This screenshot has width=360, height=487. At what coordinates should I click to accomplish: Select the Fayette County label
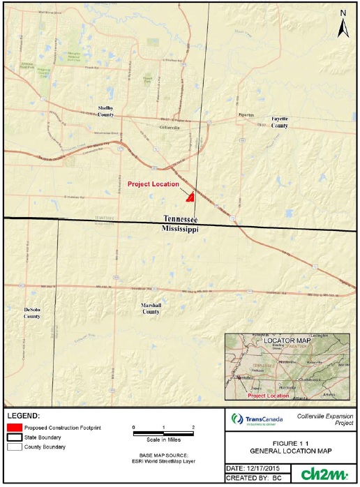point(280,122)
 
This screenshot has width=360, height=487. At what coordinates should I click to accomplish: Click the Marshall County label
point(151,308)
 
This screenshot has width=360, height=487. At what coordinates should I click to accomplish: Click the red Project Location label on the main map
point(153,184)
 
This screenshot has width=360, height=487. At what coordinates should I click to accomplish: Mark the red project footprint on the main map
point(188,197)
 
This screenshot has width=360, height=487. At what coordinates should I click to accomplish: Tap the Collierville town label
point(170,128)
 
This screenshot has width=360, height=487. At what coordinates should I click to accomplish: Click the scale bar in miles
point(163,433)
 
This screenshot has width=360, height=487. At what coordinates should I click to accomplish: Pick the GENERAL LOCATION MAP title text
point(292,450)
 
